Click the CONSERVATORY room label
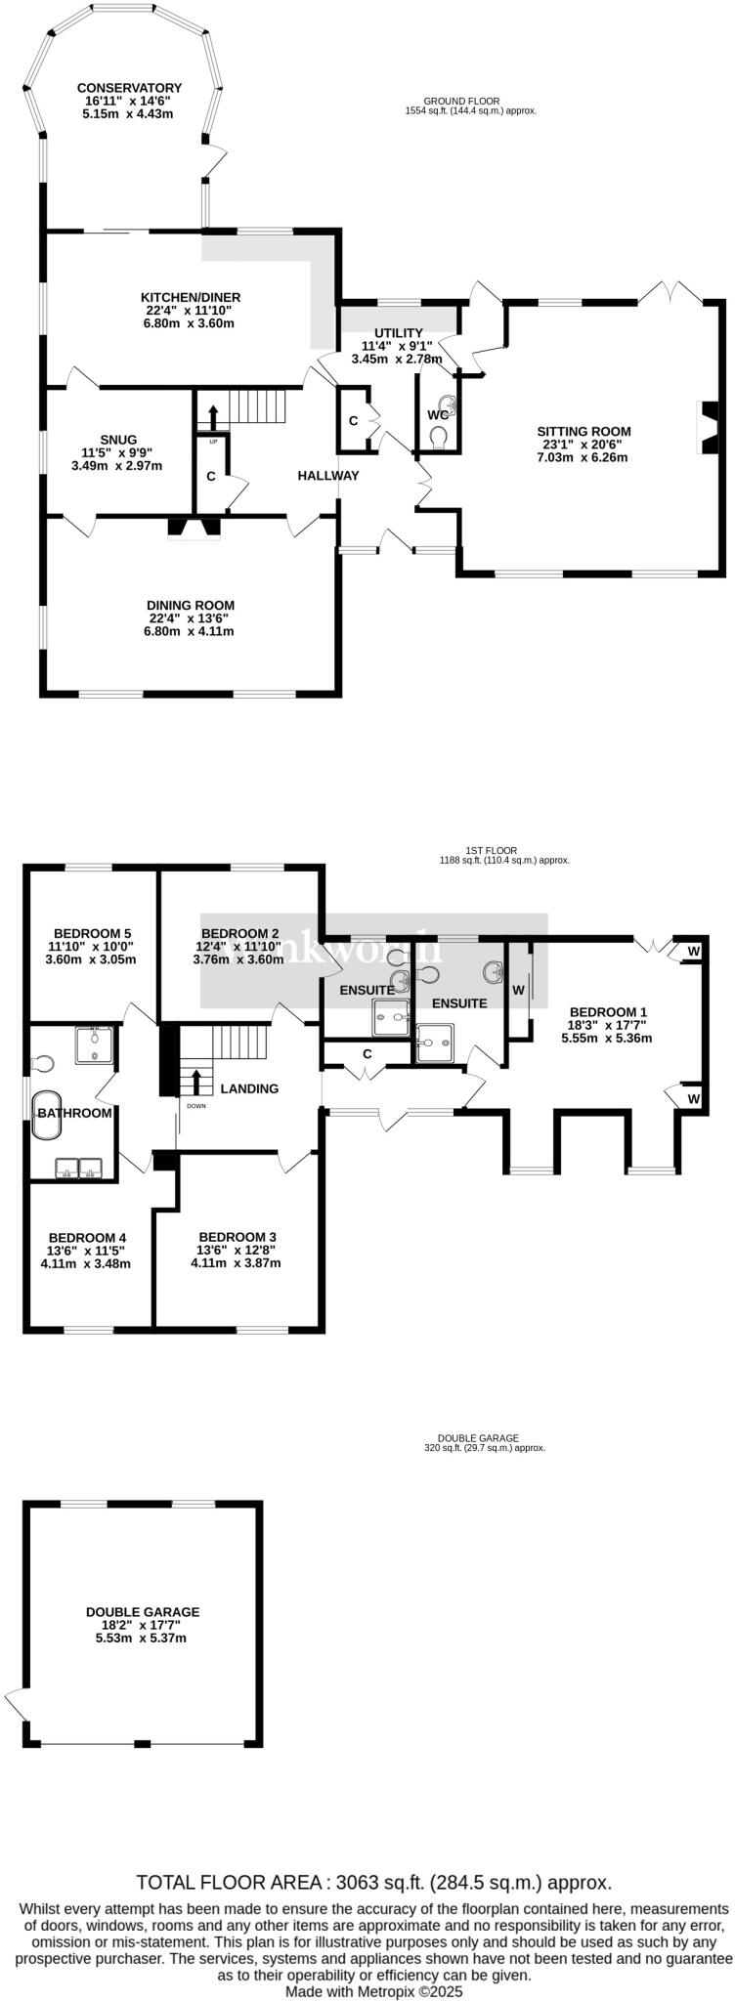pos(130,88)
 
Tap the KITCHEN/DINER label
pos(191,297)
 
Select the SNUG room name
pos(117,440)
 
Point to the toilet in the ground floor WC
pos(439,437)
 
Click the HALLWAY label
pos(328,476)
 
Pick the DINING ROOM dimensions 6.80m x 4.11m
pos(191,631)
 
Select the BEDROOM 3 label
pos(236,1235)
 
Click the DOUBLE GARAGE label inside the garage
pos(143,1612)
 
